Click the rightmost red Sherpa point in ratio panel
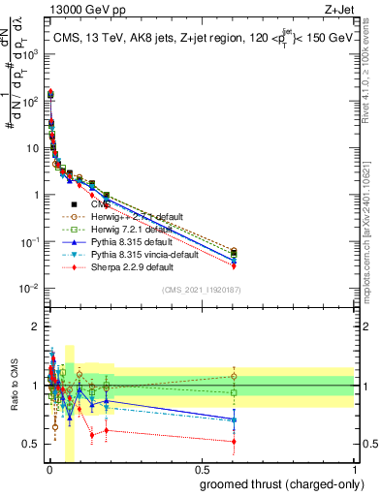(234, 442)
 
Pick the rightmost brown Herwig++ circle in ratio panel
(234, 376)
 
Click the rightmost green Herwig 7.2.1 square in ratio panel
(234, 392)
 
